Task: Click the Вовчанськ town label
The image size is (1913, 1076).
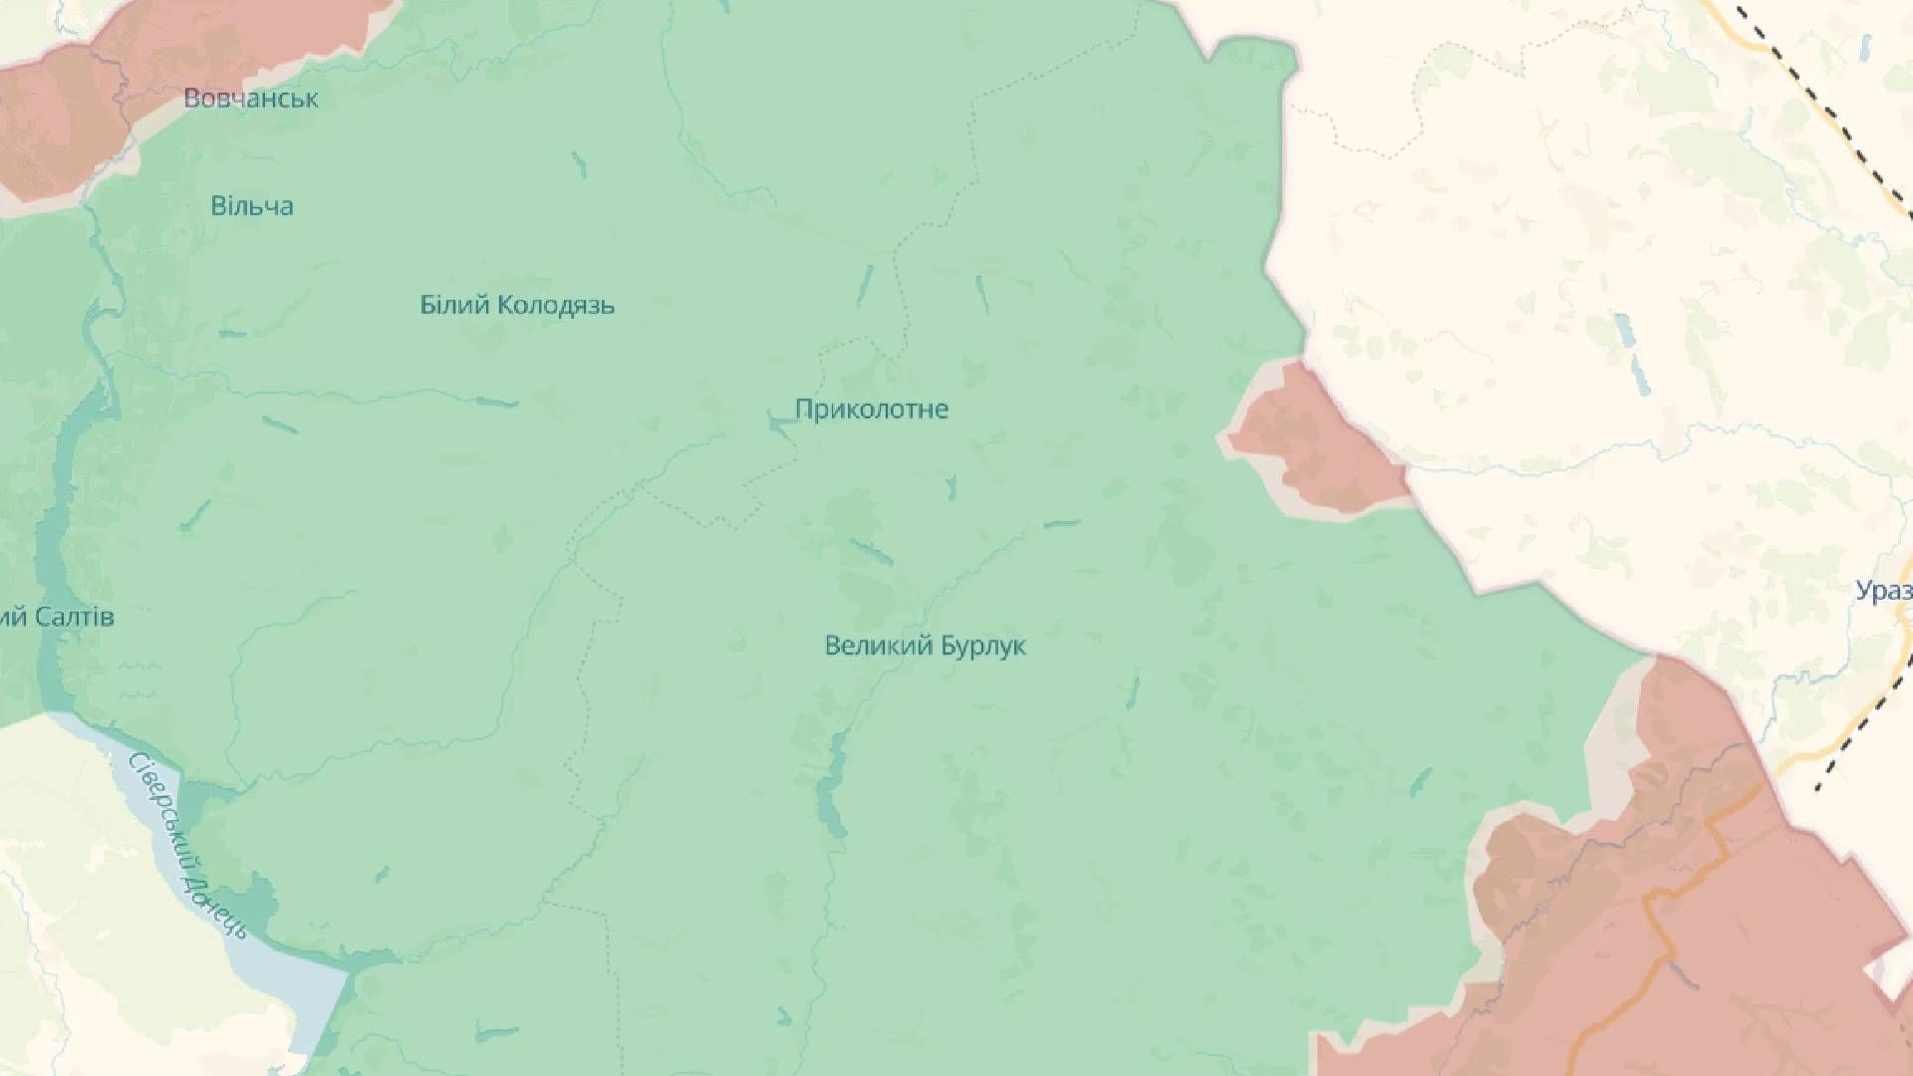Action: coord(251,98)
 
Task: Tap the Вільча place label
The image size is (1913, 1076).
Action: coord(251,206)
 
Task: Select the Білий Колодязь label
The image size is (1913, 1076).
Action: coord(516,305)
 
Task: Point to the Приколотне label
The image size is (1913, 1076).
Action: coord(871,409)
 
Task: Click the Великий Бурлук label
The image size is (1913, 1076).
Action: coord(925,646)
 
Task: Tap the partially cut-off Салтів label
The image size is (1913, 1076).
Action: coord(57,618)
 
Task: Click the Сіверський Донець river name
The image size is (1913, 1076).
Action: coord(186,847)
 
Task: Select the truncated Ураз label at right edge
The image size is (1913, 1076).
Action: coord(1883,591)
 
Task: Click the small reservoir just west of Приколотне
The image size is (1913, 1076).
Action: coord(779,426)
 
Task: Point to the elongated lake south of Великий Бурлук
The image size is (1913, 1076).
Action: coord(830,787)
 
